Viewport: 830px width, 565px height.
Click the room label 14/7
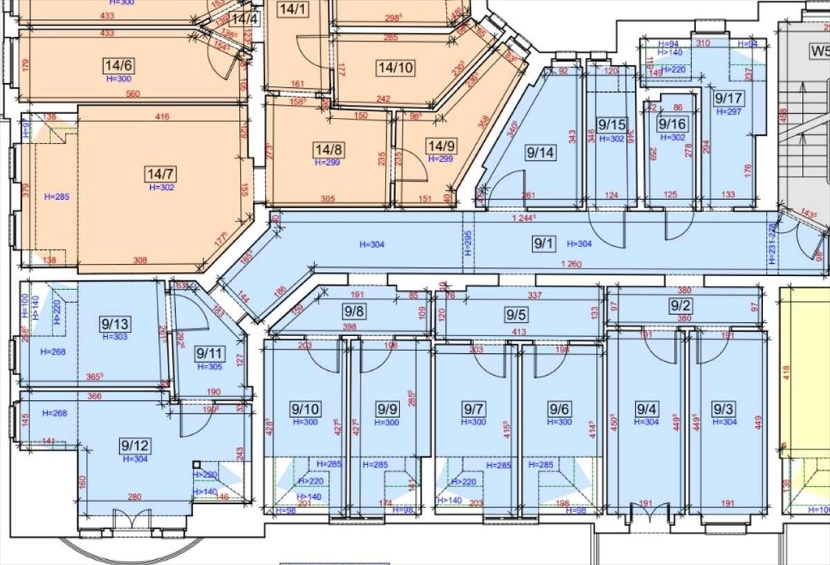(160, 174)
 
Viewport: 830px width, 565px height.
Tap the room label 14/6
(118, 66)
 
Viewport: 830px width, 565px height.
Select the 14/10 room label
(395, 68)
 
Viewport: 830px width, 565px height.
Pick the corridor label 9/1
(544, 244)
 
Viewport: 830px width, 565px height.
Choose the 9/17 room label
(728, 98)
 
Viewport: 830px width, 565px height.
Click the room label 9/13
(116, 324)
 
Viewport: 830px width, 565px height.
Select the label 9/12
(135, 445)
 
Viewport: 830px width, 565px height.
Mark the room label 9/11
(209, 354)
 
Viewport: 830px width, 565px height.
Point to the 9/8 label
(354, 311)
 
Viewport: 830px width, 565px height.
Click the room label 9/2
(681, 307)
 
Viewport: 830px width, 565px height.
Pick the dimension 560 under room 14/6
(132, 93)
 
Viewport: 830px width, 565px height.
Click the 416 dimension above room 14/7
(162, 116)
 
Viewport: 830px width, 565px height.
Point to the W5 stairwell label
(818, 51)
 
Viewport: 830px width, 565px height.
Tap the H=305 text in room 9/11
(209, 367)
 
